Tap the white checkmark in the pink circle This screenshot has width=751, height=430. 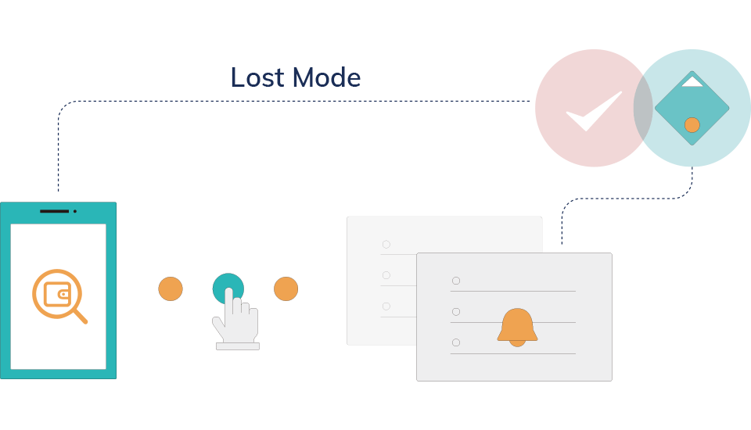point(594,111)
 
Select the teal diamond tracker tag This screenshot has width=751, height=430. point(692,108)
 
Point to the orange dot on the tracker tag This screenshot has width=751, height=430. point(692,125)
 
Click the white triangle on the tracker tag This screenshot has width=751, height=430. point(692,82)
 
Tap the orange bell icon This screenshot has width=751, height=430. point(517,327)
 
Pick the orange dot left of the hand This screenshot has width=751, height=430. point(171,288)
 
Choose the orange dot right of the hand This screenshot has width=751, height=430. point(286,288)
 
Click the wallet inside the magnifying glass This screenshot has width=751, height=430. point(56,294)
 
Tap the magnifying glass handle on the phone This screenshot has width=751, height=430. point(80,316)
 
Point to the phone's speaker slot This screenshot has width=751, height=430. point(55,211)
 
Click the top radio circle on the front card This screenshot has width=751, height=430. point(456,281)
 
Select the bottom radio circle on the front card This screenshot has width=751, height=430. point(456,342)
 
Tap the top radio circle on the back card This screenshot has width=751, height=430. point(386,245)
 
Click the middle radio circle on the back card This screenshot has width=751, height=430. point(386,275)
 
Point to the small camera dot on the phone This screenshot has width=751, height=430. point(75,211)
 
